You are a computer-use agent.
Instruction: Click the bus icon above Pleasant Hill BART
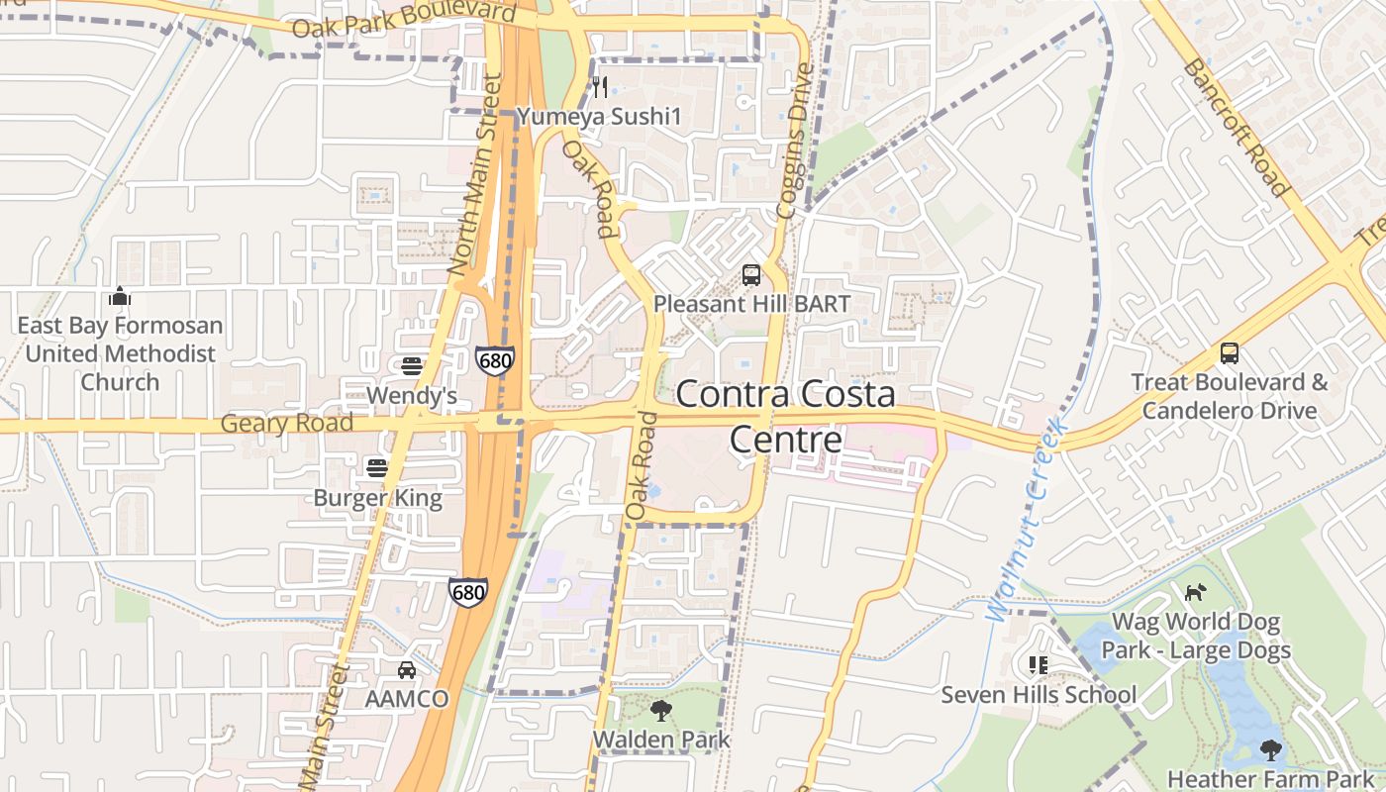click(x=751, y=274)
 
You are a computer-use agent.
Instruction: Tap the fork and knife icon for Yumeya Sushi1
click(x=600, y=88)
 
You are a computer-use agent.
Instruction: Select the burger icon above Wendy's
click(x=412, y=366)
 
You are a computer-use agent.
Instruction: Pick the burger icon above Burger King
click(x=377, y=467)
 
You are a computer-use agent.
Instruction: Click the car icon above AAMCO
click(x=406, y=670)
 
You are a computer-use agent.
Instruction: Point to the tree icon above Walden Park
click(x=660, y=710)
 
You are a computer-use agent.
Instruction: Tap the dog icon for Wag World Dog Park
click(x=1196, y=593)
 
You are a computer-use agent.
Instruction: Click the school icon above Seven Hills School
click(x=1038, y=665)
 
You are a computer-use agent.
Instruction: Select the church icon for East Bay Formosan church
click(x=120, y=296)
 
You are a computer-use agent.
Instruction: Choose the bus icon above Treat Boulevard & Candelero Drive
click(x=1230, y=353)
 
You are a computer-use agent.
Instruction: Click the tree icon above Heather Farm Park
click(x=1271, y=750)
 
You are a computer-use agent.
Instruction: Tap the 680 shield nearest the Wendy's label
click(x=494, y=360)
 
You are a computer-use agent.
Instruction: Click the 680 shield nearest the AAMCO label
click(x=467, y=592)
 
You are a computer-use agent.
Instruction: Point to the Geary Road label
click(x=287, y=424)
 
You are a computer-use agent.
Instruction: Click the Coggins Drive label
click(x=794, y=141)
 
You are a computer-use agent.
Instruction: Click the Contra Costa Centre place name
click(x=786, y=416)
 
